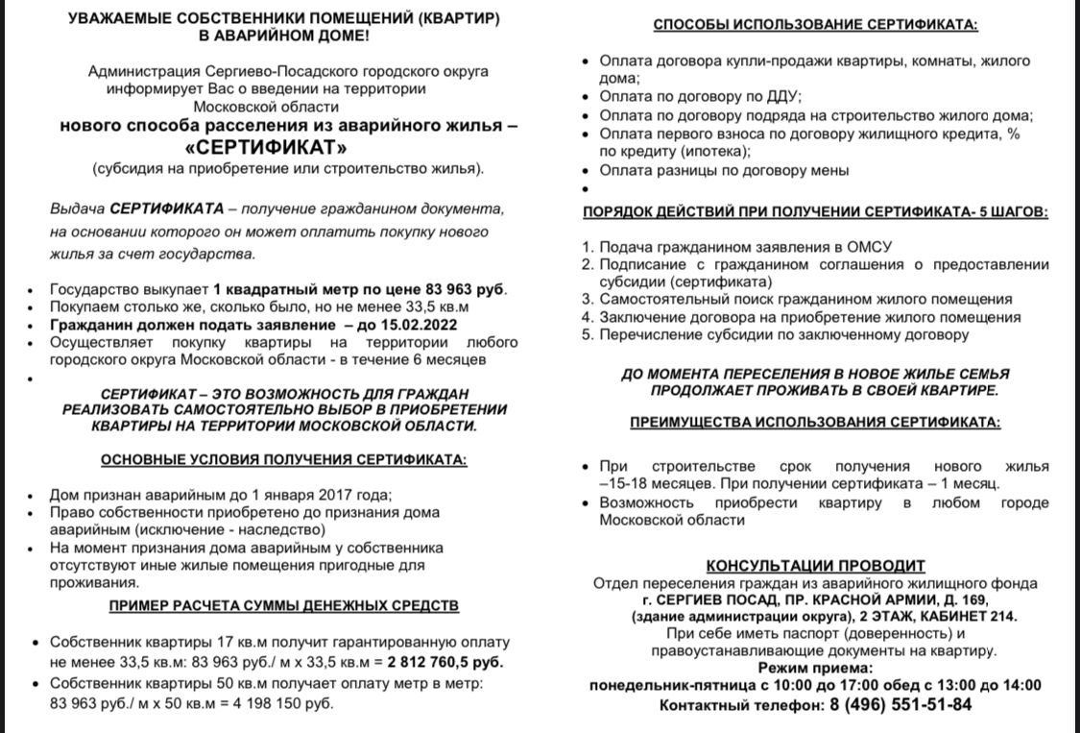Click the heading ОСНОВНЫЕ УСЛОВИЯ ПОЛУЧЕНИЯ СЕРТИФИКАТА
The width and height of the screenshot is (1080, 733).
tap(283, 459)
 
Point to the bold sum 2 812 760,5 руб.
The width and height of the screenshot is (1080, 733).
tap(445, 661)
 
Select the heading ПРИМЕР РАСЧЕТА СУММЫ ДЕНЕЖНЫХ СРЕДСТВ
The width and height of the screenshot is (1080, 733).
tap(284, 605)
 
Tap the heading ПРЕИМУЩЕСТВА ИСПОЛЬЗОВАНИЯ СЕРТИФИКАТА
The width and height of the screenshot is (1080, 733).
tap(815, 422)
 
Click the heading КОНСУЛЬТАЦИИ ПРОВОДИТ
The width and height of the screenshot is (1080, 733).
tap(815, 565)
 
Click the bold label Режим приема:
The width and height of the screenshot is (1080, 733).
tap(815, 669)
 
